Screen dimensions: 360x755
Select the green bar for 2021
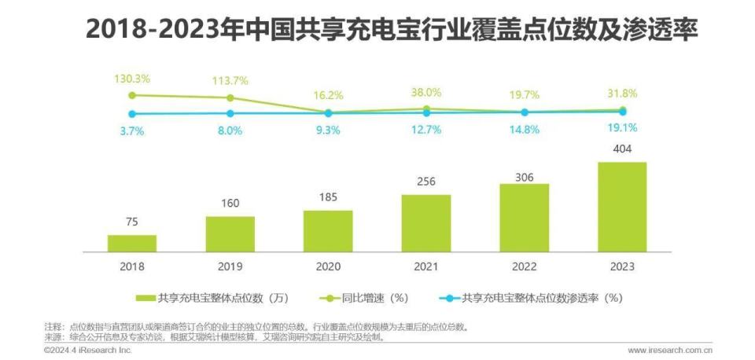click(x=425, y=223)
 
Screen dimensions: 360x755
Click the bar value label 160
click(x=230, y=204)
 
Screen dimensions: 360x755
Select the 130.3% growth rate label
click(x=132, y=79)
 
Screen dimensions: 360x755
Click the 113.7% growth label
click(x=230, y=80)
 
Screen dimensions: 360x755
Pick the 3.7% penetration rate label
click(x=132, y=131)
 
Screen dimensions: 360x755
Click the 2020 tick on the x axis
click(x=328, y=266)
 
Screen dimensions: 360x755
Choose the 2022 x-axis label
click(x=524, y=266)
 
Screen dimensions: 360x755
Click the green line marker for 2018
click(x=132, y=95)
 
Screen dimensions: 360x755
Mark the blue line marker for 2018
click(x=132, y=114)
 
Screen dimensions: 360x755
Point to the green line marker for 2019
click(x=230, y=98)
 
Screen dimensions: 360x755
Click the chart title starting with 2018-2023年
click(x=391, y=29)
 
